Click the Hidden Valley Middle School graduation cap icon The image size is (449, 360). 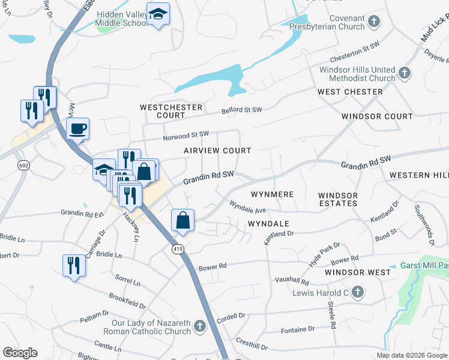158,14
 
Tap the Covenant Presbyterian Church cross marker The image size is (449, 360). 374,22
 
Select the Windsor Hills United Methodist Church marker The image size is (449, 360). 405,73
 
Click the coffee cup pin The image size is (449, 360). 77,128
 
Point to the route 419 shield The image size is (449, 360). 178,250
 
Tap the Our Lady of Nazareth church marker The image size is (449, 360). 200,327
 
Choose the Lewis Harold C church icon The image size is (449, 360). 357,292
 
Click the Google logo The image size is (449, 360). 20,353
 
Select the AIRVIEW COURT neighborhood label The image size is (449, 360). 217,151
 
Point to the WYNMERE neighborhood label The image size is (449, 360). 272,194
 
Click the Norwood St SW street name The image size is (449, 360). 185,135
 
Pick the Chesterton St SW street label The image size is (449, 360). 355,57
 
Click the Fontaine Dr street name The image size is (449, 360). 298,329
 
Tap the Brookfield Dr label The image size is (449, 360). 128,301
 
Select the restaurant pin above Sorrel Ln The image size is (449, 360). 74,265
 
